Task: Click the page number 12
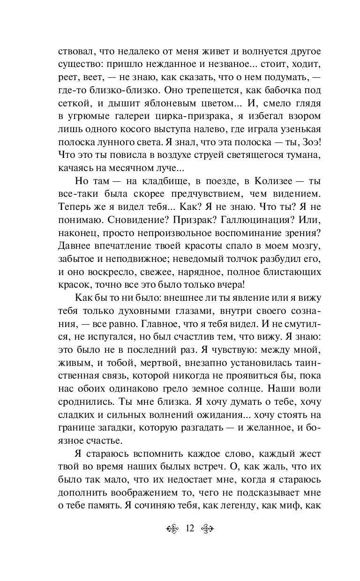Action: pos(190,529)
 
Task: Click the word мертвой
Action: pos(161,362)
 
